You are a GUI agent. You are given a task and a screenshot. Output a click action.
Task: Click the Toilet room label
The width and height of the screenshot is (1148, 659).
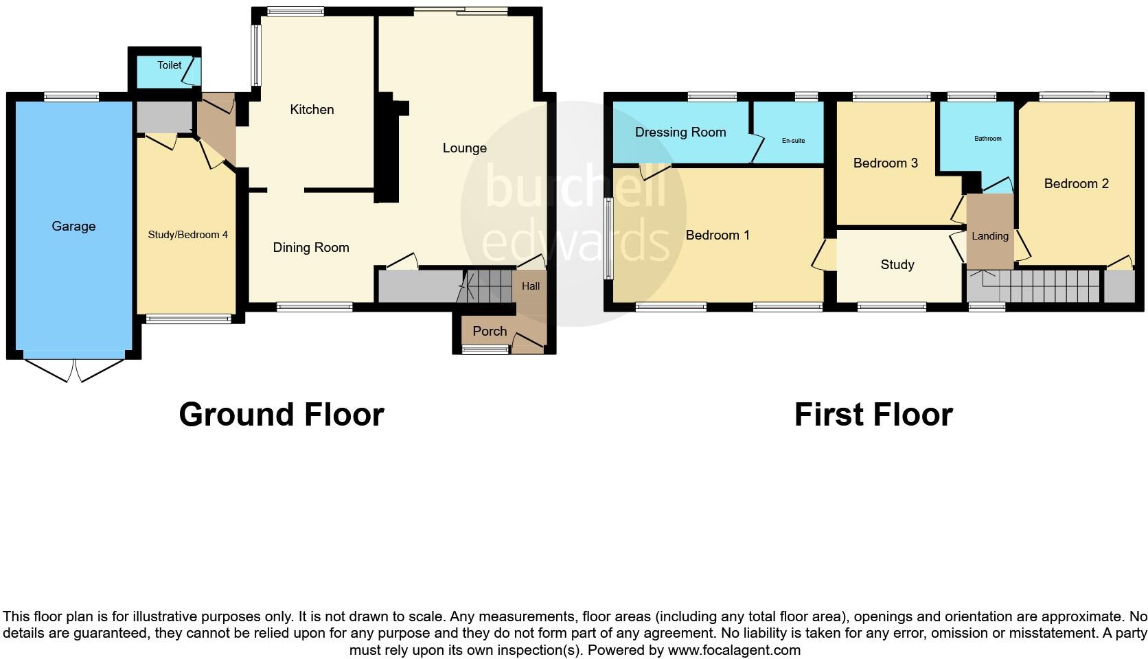169,65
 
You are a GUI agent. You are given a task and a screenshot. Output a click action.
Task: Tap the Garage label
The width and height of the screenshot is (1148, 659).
73,226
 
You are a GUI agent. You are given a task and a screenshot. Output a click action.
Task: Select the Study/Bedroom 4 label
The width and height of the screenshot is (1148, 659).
187,235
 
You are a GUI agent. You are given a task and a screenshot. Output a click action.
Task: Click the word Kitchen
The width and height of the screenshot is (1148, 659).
312,109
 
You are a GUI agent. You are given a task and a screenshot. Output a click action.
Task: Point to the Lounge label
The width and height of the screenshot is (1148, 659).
464,148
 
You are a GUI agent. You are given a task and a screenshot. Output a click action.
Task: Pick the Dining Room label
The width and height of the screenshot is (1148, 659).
311,247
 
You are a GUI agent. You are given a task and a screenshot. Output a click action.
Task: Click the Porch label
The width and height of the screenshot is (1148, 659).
490,331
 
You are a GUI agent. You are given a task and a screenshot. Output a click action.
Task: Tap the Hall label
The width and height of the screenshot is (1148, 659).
531,286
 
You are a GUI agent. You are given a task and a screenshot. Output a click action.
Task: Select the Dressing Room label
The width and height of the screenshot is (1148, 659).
680,132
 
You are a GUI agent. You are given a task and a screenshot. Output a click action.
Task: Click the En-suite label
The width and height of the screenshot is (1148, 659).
793,141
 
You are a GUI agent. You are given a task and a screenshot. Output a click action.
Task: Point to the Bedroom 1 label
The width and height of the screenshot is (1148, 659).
717,235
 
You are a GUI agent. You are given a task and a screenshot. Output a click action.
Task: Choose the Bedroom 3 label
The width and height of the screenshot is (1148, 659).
885,163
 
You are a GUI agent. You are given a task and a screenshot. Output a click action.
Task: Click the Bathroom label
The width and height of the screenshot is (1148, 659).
987,139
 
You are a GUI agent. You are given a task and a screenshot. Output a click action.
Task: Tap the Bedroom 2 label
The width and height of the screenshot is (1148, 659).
1076,183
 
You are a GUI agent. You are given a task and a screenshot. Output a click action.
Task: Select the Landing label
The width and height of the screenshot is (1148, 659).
989,235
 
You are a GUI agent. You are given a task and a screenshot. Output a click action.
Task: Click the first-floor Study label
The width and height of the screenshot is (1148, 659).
897,264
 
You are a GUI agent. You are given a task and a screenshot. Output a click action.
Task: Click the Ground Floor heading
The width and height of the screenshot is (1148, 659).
281,415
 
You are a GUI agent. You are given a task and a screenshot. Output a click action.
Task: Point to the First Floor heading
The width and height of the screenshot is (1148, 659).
873,415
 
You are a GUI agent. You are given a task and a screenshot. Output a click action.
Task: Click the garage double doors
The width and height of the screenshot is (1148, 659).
73,369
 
